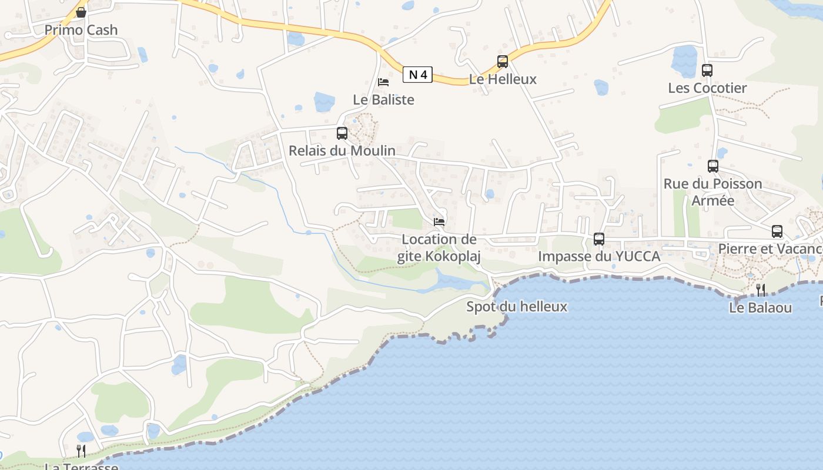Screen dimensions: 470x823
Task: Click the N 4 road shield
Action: pos(418,75)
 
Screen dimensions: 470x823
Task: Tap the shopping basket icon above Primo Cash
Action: pos(81,12)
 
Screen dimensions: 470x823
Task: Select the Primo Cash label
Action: pos(81,30)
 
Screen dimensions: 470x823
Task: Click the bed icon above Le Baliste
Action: pos(383,82)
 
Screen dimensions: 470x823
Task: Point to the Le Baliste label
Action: pos(383,100)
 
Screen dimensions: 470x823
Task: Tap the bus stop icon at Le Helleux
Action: pos(503,61)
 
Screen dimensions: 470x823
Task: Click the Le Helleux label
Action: pos(503,79)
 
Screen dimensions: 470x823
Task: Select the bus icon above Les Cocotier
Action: pos(707,70)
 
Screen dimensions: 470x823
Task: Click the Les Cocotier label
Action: pos(707,88)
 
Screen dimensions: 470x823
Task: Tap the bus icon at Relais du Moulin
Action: pos(342,133)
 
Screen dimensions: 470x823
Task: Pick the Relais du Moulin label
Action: pos(342,151)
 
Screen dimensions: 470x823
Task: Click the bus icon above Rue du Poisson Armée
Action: pos(713,166)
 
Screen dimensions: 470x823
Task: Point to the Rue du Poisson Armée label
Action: pos(713,192)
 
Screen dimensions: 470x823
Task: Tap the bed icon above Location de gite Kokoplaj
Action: pos(439,222)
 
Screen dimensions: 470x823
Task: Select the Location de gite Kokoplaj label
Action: pos(439,248)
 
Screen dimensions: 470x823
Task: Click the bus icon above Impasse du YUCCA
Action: pos(599,239)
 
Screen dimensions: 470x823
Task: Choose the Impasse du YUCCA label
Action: pos(599,257)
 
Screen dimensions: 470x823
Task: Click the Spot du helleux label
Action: pos(517,307)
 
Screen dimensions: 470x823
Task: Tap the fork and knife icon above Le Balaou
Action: pos(761,290)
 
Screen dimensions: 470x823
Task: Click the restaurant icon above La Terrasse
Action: pos(81,451)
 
